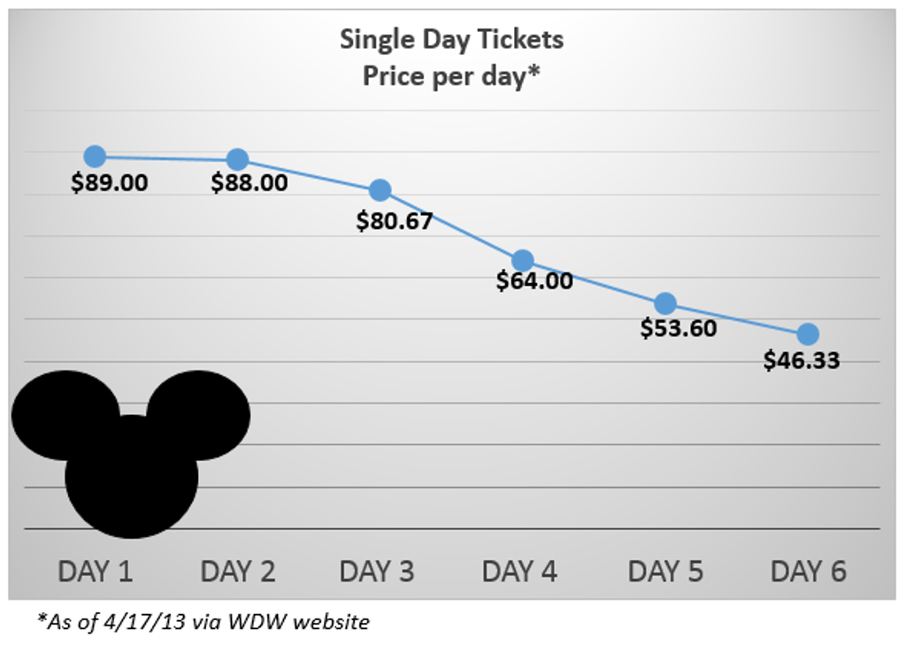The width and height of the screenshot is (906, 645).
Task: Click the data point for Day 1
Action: click(95, 157)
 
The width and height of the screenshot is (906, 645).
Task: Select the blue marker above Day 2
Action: click(237, 159)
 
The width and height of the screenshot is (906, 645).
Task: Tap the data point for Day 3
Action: click(380, 189)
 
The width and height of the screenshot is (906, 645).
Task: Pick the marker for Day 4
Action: click(523, 260)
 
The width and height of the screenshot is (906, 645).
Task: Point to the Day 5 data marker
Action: click(665, 303)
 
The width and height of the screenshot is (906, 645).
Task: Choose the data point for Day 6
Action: click(808, 334)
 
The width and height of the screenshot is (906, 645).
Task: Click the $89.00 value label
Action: click(110, 183)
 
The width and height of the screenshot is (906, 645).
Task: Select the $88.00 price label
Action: click(250, 183)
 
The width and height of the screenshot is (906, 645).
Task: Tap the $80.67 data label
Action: click(395, 219)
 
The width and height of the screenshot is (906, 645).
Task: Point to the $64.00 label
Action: click(535, 281)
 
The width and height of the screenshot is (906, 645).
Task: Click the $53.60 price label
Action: click(678, 328)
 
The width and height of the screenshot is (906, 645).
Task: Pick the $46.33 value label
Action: click(802, 360)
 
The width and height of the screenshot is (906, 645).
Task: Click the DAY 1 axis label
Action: click(96, 572)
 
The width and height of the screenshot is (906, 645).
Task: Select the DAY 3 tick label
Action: click(377, 572)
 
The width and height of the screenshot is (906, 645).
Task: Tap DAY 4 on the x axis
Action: click(519, 572)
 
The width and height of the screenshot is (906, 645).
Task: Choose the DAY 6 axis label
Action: click(808, 572)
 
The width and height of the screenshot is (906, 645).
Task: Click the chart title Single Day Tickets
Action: click(451, 40)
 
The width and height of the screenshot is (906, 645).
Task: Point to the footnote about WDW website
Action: click(203, 622)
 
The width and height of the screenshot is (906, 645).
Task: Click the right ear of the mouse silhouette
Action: click(200, 414)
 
